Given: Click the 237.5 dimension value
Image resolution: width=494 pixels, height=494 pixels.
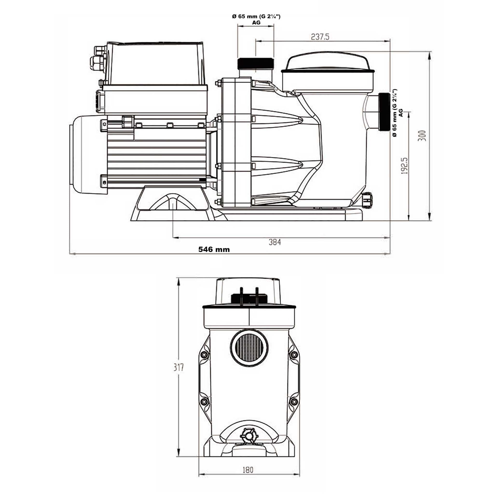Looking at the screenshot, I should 320,37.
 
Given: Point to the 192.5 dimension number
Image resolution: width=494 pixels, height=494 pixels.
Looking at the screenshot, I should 404,166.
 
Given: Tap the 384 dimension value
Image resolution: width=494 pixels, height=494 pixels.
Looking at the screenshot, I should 274,242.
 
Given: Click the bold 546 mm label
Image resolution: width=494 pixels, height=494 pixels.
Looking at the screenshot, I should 214,250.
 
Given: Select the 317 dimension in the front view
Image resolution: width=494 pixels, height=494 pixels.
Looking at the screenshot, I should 178,367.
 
